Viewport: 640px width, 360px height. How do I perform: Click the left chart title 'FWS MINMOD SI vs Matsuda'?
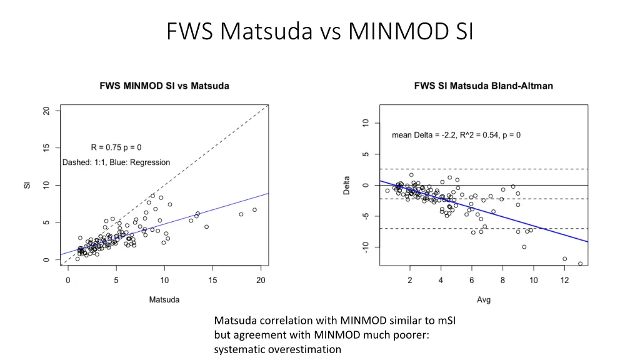click(x=164, y=86)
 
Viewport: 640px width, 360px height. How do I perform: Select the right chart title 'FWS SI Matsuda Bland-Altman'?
click(x=483, y=86)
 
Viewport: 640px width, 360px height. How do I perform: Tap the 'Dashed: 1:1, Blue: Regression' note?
click(x=116, y=162)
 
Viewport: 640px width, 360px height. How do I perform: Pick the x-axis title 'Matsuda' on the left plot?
click(x=164, y=299)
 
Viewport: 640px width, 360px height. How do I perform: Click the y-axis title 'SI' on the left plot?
click(x=27, y=185)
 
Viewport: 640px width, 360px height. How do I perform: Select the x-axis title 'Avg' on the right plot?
click(x=484, y=299)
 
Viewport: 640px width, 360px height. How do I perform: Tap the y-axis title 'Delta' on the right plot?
click(x=347, y=185)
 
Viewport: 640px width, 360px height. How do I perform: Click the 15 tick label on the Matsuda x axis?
click(x=212, y=281)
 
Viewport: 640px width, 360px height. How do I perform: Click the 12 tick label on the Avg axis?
click(x=564, y=281)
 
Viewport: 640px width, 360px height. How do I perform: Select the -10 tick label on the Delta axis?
click(x=366, y=247)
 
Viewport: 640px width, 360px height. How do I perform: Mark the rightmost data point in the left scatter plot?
click(x=254, y=210)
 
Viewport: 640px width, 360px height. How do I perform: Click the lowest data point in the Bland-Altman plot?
click(x=580, y=264)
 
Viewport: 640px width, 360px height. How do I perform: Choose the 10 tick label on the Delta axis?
click(x=366, y=123)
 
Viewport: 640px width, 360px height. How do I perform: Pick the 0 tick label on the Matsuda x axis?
click(x=67, y=281)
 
